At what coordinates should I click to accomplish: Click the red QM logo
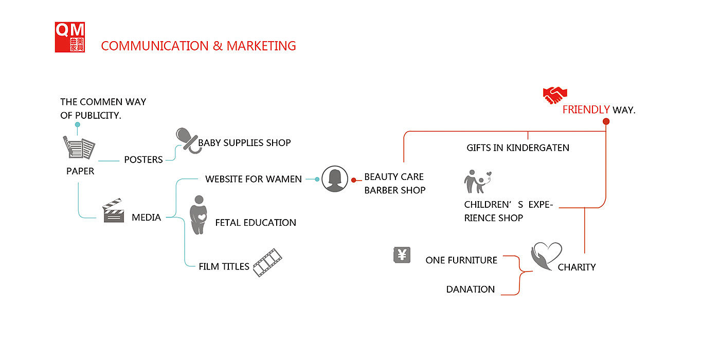(x=70, y=37)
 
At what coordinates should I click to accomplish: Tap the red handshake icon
(x=554, y=95)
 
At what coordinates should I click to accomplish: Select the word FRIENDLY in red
(x=586, y=110)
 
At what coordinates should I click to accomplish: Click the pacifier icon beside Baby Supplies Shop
(x=186, y=140)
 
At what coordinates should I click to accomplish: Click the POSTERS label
(x=143, y=159)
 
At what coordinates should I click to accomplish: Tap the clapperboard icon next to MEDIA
(x=113, y=211)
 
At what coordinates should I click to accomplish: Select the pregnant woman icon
(x=197, y=215)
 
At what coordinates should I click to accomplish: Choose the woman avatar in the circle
(x=335, y=179)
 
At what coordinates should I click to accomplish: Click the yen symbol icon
(x=402, y=255)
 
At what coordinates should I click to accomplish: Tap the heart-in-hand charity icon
(x=546, y=256)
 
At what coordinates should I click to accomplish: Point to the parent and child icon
(x=478, y=182)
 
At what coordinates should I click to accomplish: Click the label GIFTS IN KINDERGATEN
(x=518, y=148)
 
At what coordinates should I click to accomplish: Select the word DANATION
(x=471, y=290)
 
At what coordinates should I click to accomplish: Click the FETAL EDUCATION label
(x=256, y=223)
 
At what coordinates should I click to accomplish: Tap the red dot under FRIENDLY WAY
(x=606, y=122)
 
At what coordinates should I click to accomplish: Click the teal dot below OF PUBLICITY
(x=78, y=124)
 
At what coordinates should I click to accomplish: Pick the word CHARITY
(x=577, y=267)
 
